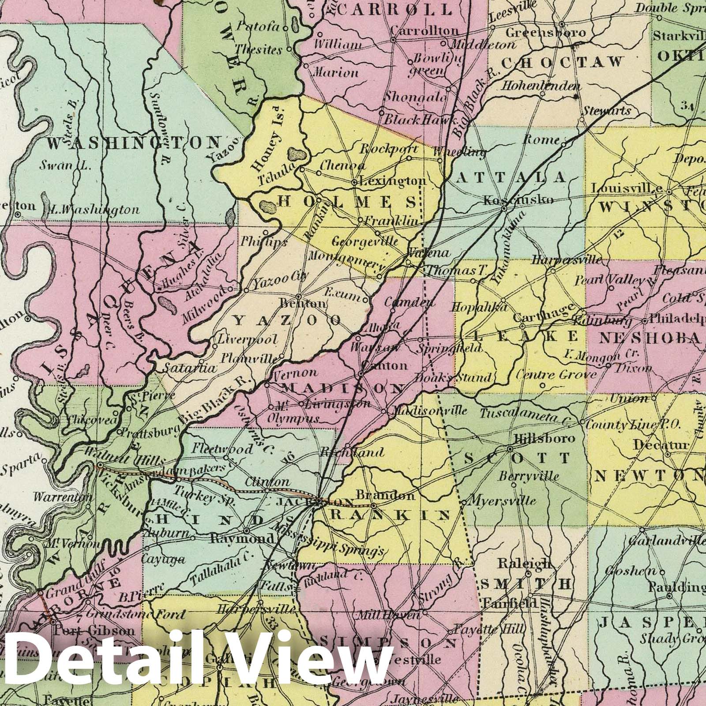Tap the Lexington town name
(393, 181)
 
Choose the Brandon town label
(386, 495)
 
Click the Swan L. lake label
(65, 166)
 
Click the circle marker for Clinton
(267, 490)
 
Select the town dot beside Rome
(564, 143)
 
